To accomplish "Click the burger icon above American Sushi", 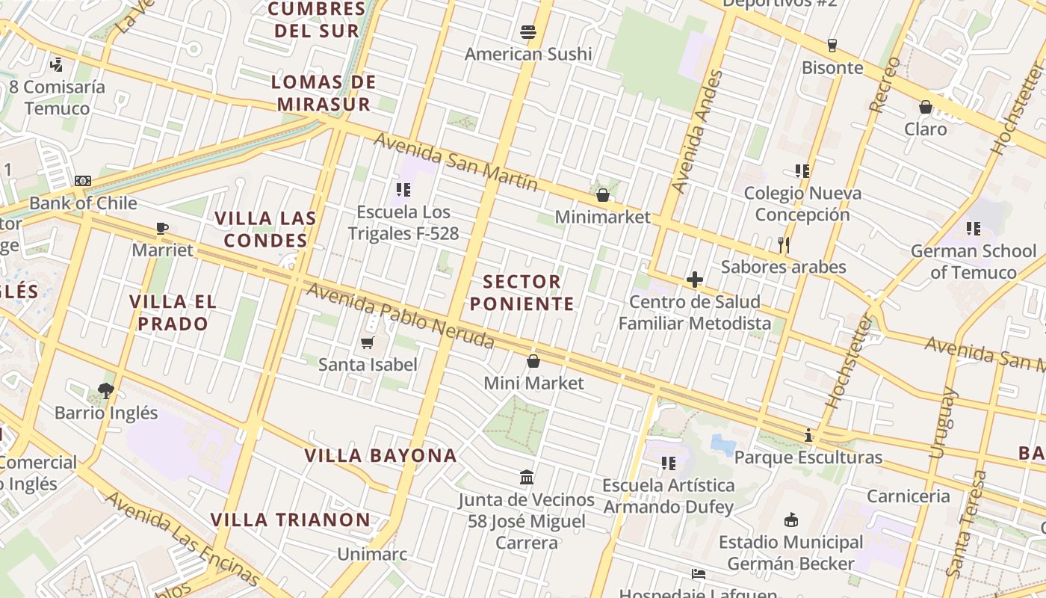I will (x=528, y=32).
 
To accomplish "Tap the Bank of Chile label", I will (x=83, y=203).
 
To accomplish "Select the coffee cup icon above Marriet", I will (x=162, y=228).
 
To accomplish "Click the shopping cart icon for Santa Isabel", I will (x=367, y=342).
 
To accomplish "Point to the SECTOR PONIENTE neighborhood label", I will (x=528, y=293).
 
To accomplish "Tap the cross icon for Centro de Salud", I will (x=694, y=280).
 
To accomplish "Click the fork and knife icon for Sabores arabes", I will (x=783, y=244).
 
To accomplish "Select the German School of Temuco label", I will (x=973, y=261).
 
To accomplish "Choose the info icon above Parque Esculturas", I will (x=808, y=435).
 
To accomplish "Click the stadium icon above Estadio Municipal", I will (x=790, y=520).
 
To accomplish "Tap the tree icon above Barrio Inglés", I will (x=105, y=390).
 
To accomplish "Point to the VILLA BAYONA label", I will (x=380, y=455).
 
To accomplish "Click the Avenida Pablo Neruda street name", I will (x=400, y=316).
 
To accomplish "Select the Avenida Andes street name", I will (x=687, y=132).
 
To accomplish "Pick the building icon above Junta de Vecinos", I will (x=527, y=477).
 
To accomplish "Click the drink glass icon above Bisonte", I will (x=832, y=46).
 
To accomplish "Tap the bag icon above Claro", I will (x=925, y=107).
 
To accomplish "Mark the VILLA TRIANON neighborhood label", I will (x=290, y=520).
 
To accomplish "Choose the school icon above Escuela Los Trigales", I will (x=403, y=190).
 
